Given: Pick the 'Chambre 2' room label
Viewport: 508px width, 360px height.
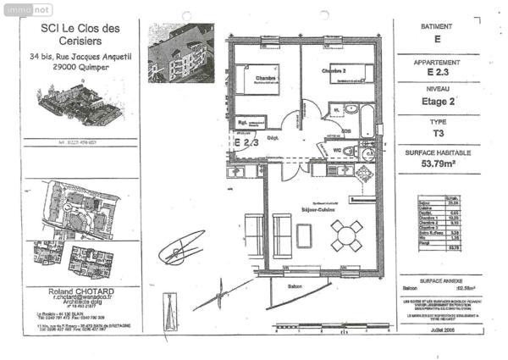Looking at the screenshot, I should pos(334,72).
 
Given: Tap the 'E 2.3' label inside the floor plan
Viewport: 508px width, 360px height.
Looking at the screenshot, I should pos(246,143).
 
